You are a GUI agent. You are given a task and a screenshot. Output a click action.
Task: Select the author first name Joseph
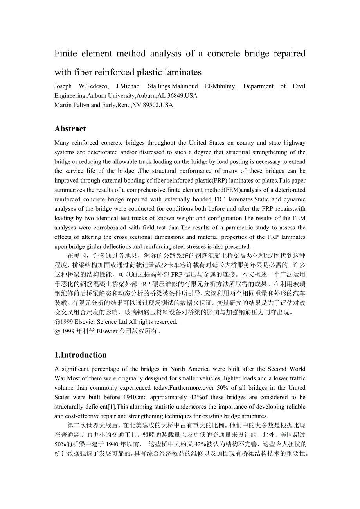(63, 86)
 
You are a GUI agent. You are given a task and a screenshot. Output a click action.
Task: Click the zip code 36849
(174, 95)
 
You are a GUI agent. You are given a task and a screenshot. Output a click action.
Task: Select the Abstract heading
(70, 129)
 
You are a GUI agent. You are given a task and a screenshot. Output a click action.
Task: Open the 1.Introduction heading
(81, 355)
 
